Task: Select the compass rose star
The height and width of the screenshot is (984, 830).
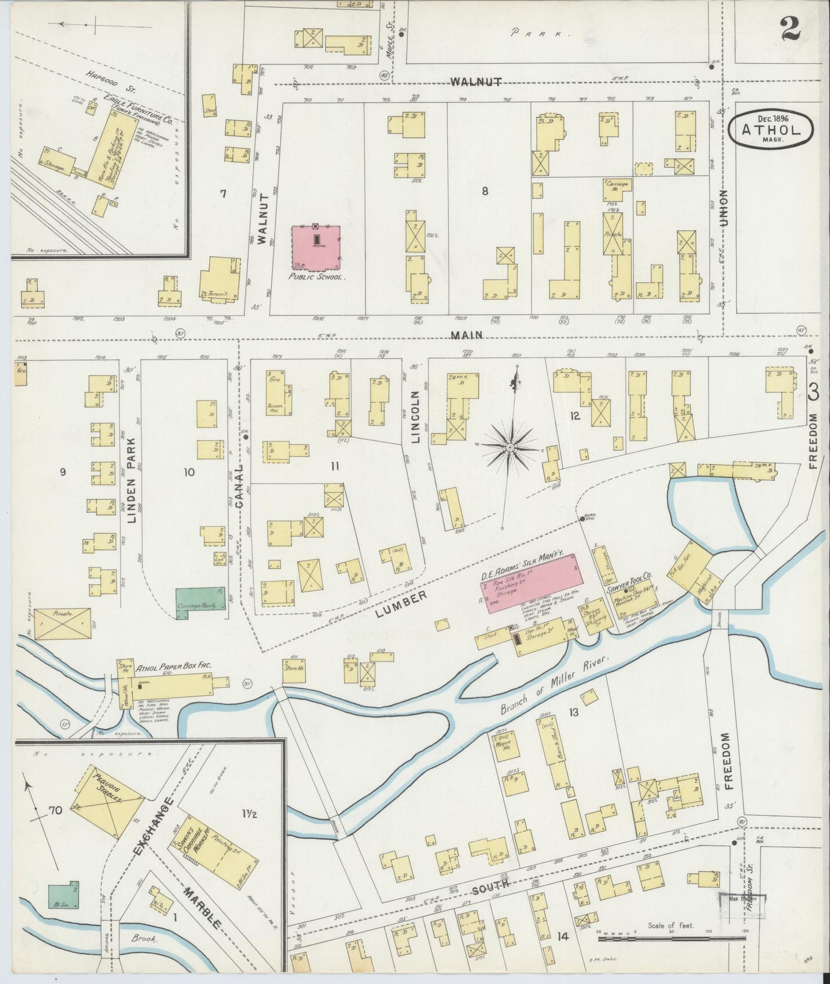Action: click(509, 446)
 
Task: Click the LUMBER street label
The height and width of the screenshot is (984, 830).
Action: click(402, 605)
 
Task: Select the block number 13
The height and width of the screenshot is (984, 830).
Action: click(573, 712)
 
